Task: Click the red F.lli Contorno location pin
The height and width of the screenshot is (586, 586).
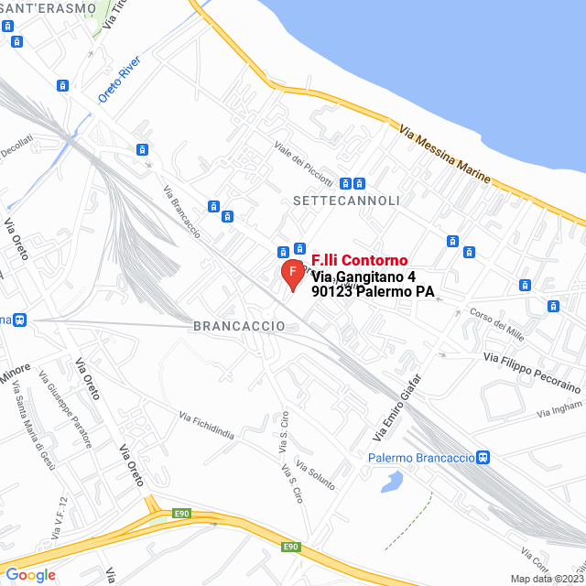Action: click(x=292, y=274)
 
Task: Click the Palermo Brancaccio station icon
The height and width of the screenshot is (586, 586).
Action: click(x=483, y=458)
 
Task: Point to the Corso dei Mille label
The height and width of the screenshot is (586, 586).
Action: click(x=496, y=325)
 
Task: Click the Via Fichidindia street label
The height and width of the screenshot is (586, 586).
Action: click(x=206, y=427)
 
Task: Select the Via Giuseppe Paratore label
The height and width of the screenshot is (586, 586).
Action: click(x=65, y=409)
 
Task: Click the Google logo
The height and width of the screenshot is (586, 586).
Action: click(x=30, y=574)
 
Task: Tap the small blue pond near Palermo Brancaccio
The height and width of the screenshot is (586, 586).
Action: click(x=391, y=481)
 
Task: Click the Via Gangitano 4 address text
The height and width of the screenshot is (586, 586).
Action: click(x=364, y=277)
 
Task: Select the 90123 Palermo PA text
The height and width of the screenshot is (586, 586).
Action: click(x=372, y=293)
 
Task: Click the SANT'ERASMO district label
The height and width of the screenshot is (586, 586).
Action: click(x=48, y=8)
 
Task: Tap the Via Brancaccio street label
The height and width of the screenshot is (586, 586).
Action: click(x=181, y=213)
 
